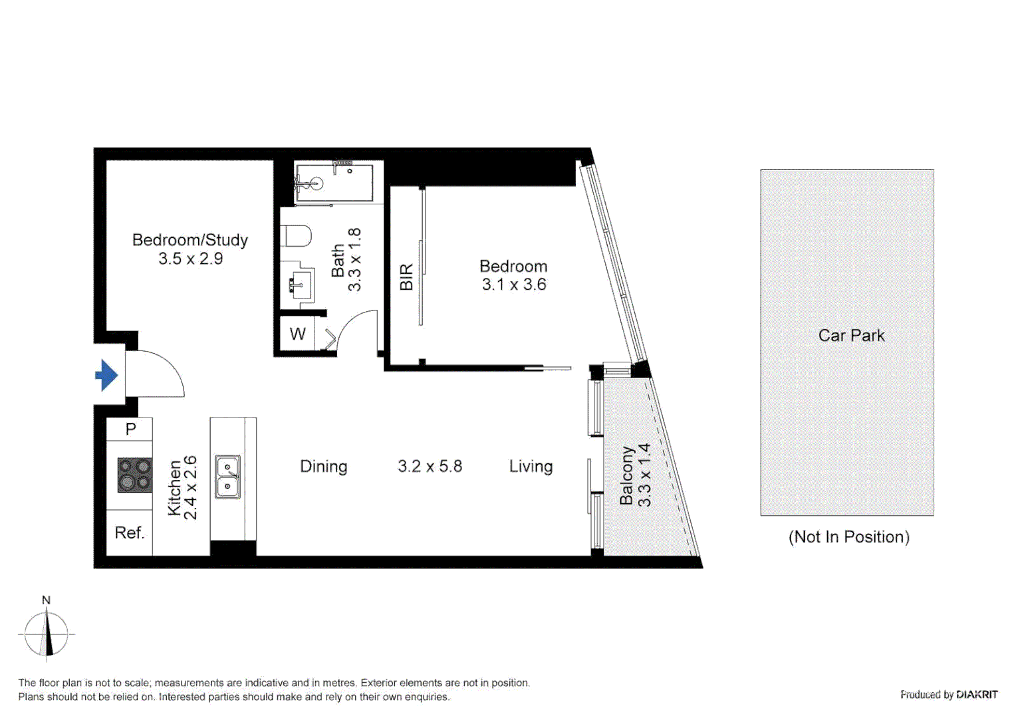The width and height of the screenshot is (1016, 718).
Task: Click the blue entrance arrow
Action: pyautogui.click(x=106, y=375)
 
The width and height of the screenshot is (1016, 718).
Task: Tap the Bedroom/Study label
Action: pyautogui.click(x=190, y=240)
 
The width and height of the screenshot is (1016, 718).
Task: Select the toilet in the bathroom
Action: pyautogui.click(x=297, y=236)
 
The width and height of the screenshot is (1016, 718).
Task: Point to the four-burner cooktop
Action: pyautogui.click(x=135, y=475)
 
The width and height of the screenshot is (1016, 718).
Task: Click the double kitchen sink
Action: pyautogui.click(x=227, y=477)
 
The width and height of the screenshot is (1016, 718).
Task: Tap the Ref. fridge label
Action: pyautogui.click(x=129, y=533)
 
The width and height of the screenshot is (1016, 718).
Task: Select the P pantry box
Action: pyautogui.click(x=130, y=429)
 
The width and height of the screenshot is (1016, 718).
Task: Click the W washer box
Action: pyautogui.click(x=297, y=334)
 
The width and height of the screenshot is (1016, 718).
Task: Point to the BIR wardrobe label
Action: pyautogui.click(x=406, y=277)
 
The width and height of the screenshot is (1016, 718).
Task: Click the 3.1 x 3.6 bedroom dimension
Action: pyautogui.click(x=514, y=285)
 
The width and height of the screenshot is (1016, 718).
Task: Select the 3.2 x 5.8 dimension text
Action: pyautogui.click(x=430, y=467)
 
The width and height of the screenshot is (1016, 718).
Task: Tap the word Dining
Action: pyautogui.click(x=323, y=467)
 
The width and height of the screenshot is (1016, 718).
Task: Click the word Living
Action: pyautogui.click(x=531, y=467)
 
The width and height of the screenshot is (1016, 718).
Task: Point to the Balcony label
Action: pyautogui.click(x=626, y=475)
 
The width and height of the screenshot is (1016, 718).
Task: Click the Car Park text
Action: pyautogui.click(x=851, y=336)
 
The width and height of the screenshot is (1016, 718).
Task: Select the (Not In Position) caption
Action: pyautogui.click(x=848, y=537)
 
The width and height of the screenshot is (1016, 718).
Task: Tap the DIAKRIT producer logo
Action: pyautogui.click(x=977, y=695)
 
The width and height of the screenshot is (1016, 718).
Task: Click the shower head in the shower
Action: pyautogui.click(x=316, y=183)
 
